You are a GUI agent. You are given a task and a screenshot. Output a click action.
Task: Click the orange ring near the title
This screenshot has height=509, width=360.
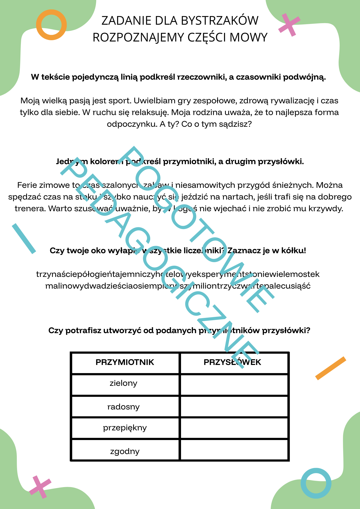point(51,24)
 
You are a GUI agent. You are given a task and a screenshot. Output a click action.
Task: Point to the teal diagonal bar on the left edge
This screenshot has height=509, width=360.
point(24,238)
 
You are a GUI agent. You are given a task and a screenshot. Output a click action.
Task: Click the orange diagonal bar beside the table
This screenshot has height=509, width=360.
point(331,368)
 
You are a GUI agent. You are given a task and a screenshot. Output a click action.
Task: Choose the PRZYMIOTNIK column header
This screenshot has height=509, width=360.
point(125,362)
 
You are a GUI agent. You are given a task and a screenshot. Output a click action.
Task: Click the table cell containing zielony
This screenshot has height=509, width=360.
point(125,384)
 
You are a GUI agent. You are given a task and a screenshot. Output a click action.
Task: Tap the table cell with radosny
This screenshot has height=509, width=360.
point(125,407)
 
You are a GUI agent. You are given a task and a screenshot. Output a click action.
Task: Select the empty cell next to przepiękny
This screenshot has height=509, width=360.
point(234,428)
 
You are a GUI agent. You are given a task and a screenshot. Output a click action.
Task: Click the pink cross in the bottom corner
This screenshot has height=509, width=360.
point(40,487)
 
